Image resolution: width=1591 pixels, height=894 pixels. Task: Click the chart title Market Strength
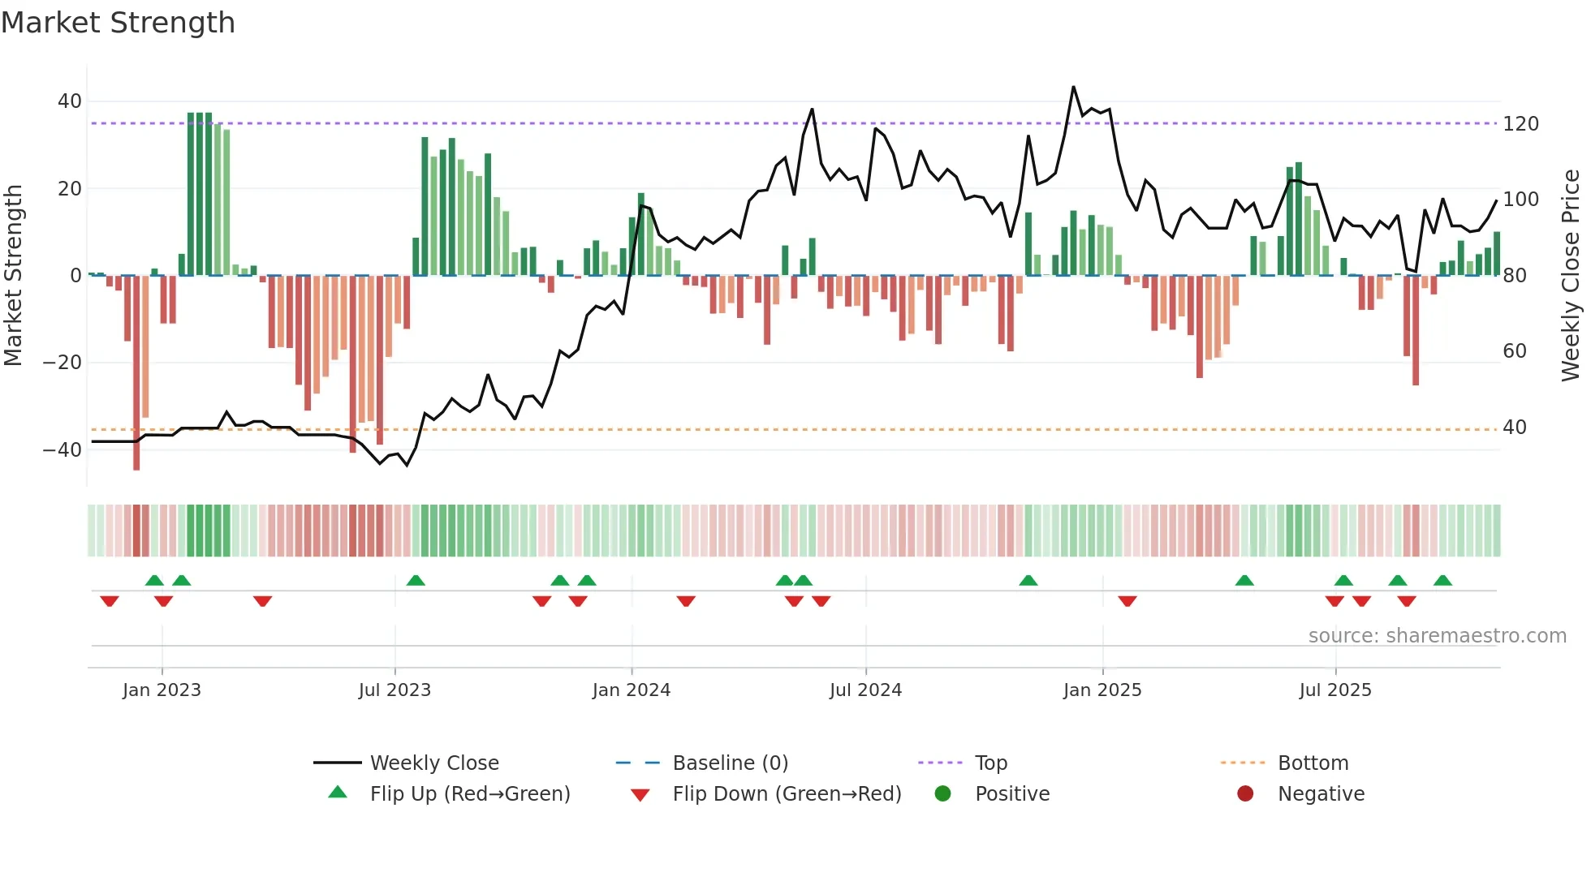tap(118, 23)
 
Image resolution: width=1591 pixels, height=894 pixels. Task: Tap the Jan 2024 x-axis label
tap(631, 690)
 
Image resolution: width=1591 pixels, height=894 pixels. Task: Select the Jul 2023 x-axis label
tap(395, 690)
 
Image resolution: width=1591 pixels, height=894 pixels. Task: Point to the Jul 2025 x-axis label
tap(1334, 690)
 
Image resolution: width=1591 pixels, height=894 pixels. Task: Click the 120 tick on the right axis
tap(1520, 124)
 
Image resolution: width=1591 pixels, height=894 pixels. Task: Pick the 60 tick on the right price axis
tap(1515, 351)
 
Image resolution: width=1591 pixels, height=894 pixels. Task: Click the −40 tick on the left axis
tap(63, 450)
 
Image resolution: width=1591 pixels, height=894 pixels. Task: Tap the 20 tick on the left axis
tap(70, 189)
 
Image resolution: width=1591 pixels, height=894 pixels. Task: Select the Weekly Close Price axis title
tap(1571, 276)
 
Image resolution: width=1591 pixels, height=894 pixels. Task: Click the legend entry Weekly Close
tap(434, 763)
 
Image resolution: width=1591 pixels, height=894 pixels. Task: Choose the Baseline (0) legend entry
tap(730, 763)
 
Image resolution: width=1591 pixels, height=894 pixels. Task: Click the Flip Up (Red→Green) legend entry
tap(470, 794)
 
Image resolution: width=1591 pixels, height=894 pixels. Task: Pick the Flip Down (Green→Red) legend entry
tap(787, 794)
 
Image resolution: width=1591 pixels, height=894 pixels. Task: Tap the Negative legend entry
tap(1321, 794)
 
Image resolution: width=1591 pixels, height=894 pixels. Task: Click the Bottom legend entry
tap(1313, 763)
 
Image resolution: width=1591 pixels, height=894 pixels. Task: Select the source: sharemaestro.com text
tap(1437, 636)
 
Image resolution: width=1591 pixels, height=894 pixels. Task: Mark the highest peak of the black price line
tap(1073, 87)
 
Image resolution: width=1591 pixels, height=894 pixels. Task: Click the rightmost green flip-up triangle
tap(1442, 581)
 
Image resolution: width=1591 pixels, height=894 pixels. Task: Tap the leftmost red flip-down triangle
tap(110, 601)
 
